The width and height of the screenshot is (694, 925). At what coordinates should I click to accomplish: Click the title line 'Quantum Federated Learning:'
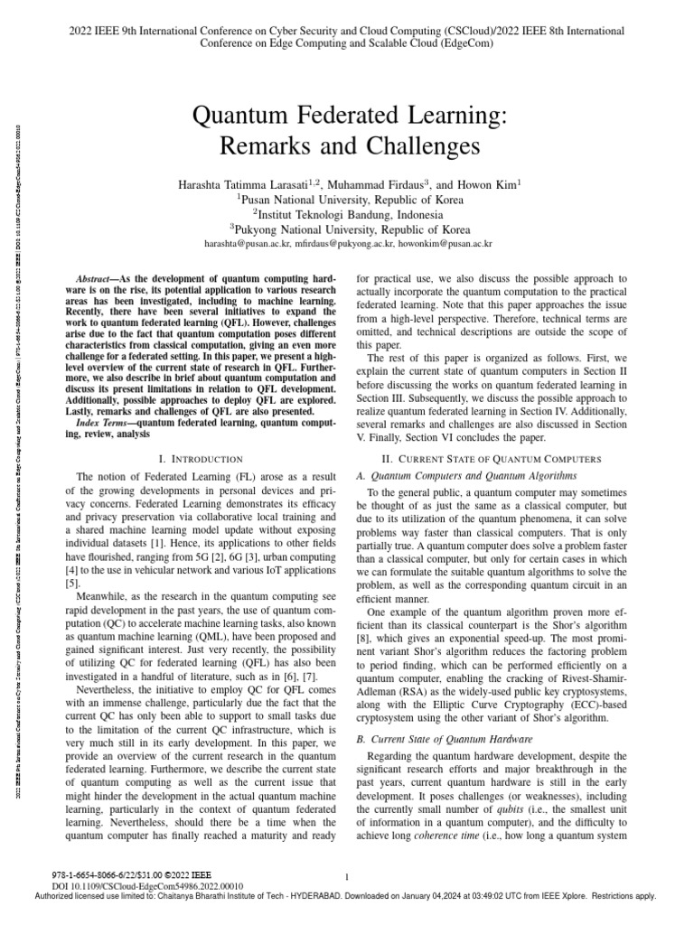[x=347, y=116]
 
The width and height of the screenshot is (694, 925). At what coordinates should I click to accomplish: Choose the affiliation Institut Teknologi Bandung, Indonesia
[x=347, y=215]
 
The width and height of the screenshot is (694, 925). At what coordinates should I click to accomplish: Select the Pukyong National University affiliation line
[x=347, y=229]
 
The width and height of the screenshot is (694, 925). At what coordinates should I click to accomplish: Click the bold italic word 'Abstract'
[x=94, y=281]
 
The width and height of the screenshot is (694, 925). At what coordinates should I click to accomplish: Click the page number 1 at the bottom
[x=347, y=876]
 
